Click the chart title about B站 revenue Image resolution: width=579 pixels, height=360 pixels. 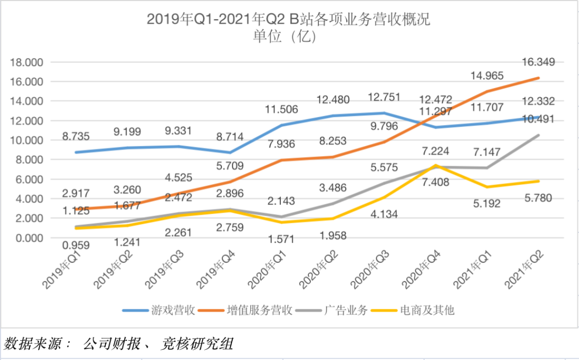289,20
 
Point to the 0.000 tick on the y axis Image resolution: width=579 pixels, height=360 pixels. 29,238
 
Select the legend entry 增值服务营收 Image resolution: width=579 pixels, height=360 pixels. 251,310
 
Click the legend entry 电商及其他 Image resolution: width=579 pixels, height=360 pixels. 419,310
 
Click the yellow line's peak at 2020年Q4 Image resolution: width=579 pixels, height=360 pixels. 436,165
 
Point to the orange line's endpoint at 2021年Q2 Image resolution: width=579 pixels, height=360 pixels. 538,78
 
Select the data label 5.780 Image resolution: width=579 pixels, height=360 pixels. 538,198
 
